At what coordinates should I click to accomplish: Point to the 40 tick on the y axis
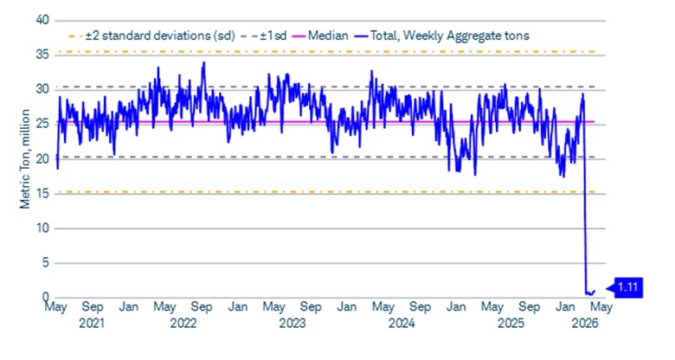point(44,20)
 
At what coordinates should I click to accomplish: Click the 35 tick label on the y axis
point(44,55)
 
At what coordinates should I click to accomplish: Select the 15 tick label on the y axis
point(44,193)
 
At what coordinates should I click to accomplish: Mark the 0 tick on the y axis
point(48,297)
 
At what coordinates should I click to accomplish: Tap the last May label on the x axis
point(602,308)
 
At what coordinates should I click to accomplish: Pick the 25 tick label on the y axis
point(44,124)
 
